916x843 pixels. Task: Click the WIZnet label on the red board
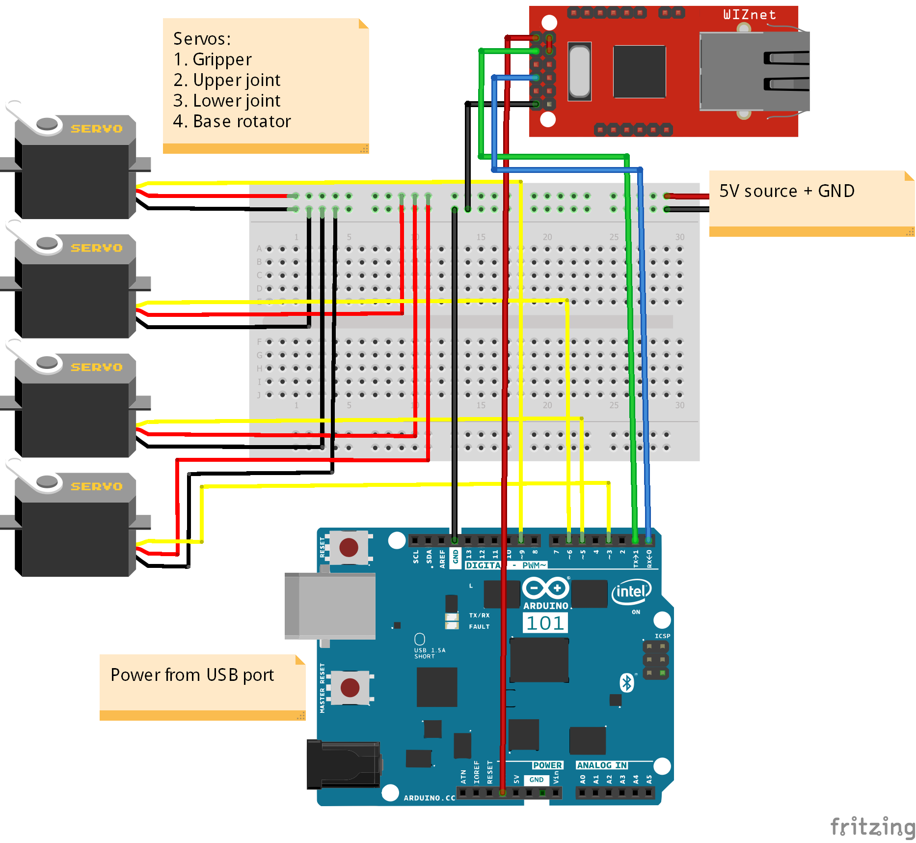(x=749, y=15)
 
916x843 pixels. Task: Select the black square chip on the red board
(x=639, y=71)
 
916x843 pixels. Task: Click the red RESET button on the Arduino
(x=349, y=547)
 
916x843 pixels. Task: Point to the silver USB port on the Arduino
(x=330, y=606)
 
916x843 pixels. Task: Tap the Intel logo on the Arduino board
(x=631, y=591)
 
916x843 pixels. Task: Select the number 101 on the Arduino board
(x=545, y=623)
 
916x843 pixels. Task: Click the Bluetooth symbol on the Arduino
(x=627, y=682)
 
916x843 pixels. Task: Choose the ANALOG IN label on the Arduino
(x=602, y=765)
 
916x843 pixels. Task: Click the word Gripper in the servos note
(x=222, y=59)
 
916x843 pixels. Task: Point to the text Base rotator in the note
(x=242, y=121)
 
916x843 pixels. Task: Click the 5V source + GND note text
(x=786, y=191)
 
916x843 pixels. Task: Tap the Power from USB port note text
(x=192, y=675)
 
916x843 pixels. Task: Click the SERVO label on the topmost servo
(x=96, y=129)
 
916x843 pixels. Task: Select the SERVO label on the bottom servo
(x=96, y=486)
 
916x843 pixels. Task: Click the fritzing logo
(x=872, y=827)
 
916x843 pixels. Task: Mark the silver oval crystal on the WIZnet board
(x=579, y=71)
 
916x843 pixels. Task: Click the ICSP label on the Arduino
(x=662, y=636)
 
